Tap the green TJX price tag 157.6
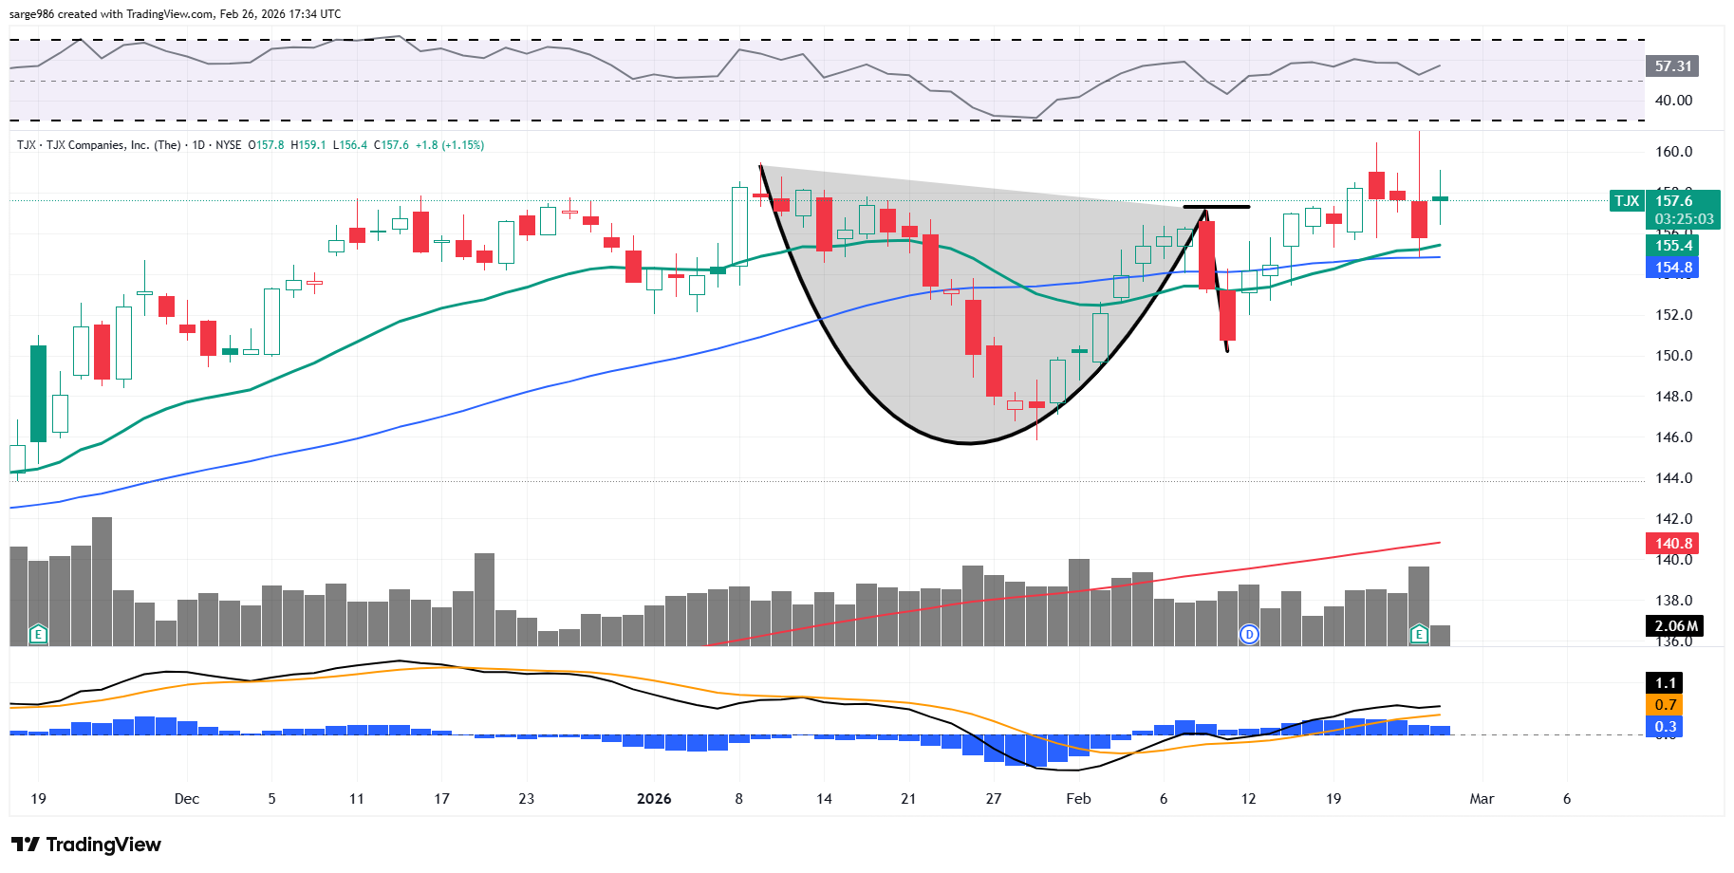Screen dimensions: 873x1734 click(x=1673, y=201)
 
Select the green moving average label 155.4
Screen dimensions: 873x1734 click(x=1672, y=246)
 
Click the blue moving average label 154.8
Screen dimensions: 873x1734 click(x=1672, y=268)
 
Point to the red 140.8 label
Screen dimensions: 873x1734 click(x=1672, y=544)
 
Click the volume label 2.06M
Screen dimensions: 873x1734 click(x=1674, y=626)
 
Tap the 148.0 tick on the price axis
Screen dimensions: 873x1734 click(x=1673, y=397)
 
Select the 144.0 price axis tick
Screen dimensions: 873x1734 click(x=1673, y=478)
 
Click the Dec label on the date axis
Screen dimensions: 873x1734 click(x=187, y=799)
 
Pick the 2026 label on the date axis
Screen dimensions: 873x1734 click(x=654, y=799)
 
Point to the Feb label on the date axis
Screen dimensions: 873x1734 click(x=1078, y=799)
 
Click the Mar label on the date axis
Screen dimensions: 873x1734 click(x=1482, y=799)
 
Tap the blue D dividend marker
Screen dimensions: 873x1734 click(x=1249, y=634)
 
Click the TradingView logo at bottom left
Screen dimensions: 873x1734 click(x=86, y=845)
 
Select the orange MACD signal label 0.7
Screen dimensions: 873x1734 click(x=1665, y=705)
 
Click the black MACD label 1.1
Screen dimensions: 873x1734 click(x=1665, y=683)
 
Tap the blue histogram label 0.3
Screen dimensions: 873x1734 click(x=1665, y=727)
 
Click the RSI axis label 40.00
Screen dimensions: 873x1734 click(x=1672, y=101)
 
